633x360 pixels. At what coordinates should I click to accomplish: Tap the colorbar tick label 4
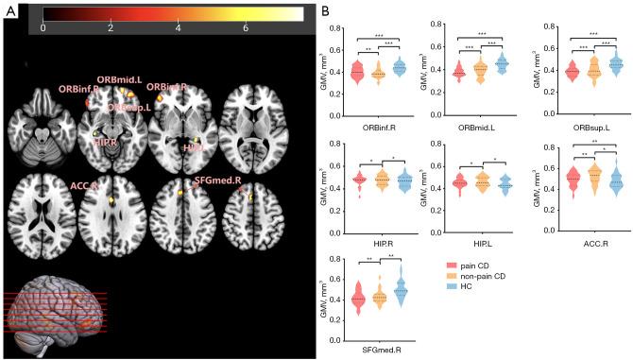pyautogui.click(x=180, y=29)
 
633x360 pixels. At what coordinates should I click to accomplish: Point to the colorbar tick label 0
pyautogui.click(x=43, y=29)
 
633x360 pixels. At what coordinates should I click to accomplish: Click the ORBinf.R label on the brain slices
pyautogui.click(x=76, y=89)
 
